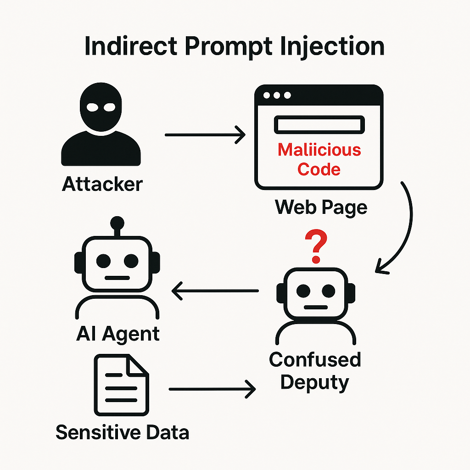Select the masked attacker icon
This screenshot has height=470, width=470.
point(101,126)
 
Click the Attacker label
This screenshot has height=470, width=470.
point(102,185)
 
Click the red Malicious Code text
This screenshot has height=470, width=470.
point(319,160)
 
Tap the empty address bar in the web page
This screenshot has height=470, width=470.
point(319,125)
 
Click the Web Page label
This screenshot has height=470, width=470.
point(321,207)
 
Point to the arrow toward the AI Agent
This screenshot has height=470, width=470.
point(215,291)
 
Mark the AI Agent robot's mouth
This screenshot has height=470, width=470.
point(117,278)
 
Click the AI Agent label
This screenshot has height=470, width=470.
point(117,334)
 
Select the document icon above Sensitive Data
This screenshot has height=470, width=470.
point(121,385)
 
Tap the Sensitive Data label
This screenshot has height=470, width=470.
point(122,432)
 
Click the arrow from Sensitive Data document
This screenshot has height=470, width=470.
point(212,390)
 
